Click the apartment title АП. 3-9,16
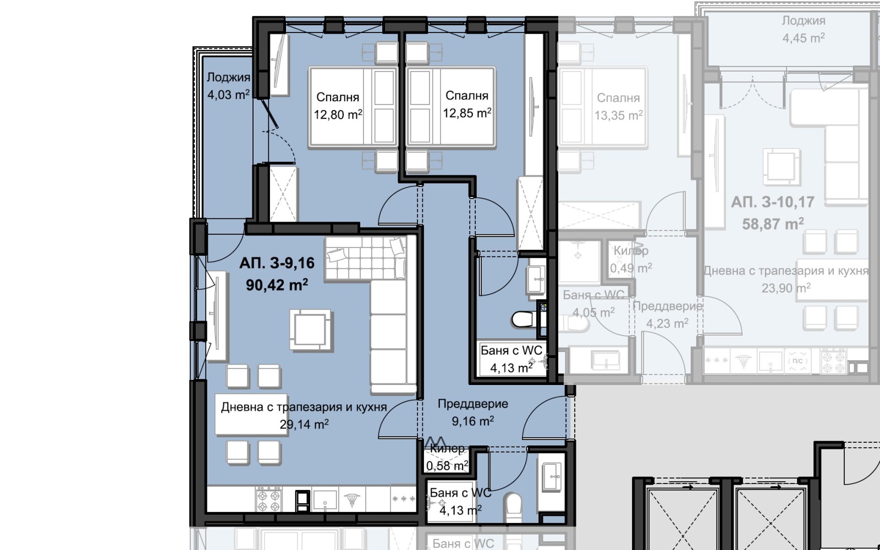point(277,263)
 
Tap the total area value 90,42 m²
point(277,285)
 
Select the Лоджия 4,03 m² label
point(228,86)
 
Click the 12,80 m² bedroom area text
point(338,115)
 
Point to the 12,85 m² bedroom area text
point(467,113)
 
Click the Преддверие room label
point(472,404)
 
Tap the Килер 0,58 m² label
point(447,458)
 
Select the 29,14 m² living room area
point(304,424)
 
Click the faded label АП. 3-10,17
point(772,202)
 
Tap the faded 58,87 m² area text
point(772,223)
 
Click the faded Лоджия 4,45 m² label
point(804,29)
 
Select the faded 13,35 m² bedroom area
point(618,116)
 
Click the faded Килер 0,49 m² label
point(631,260)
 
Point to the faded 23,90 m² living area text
point(786,288)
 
